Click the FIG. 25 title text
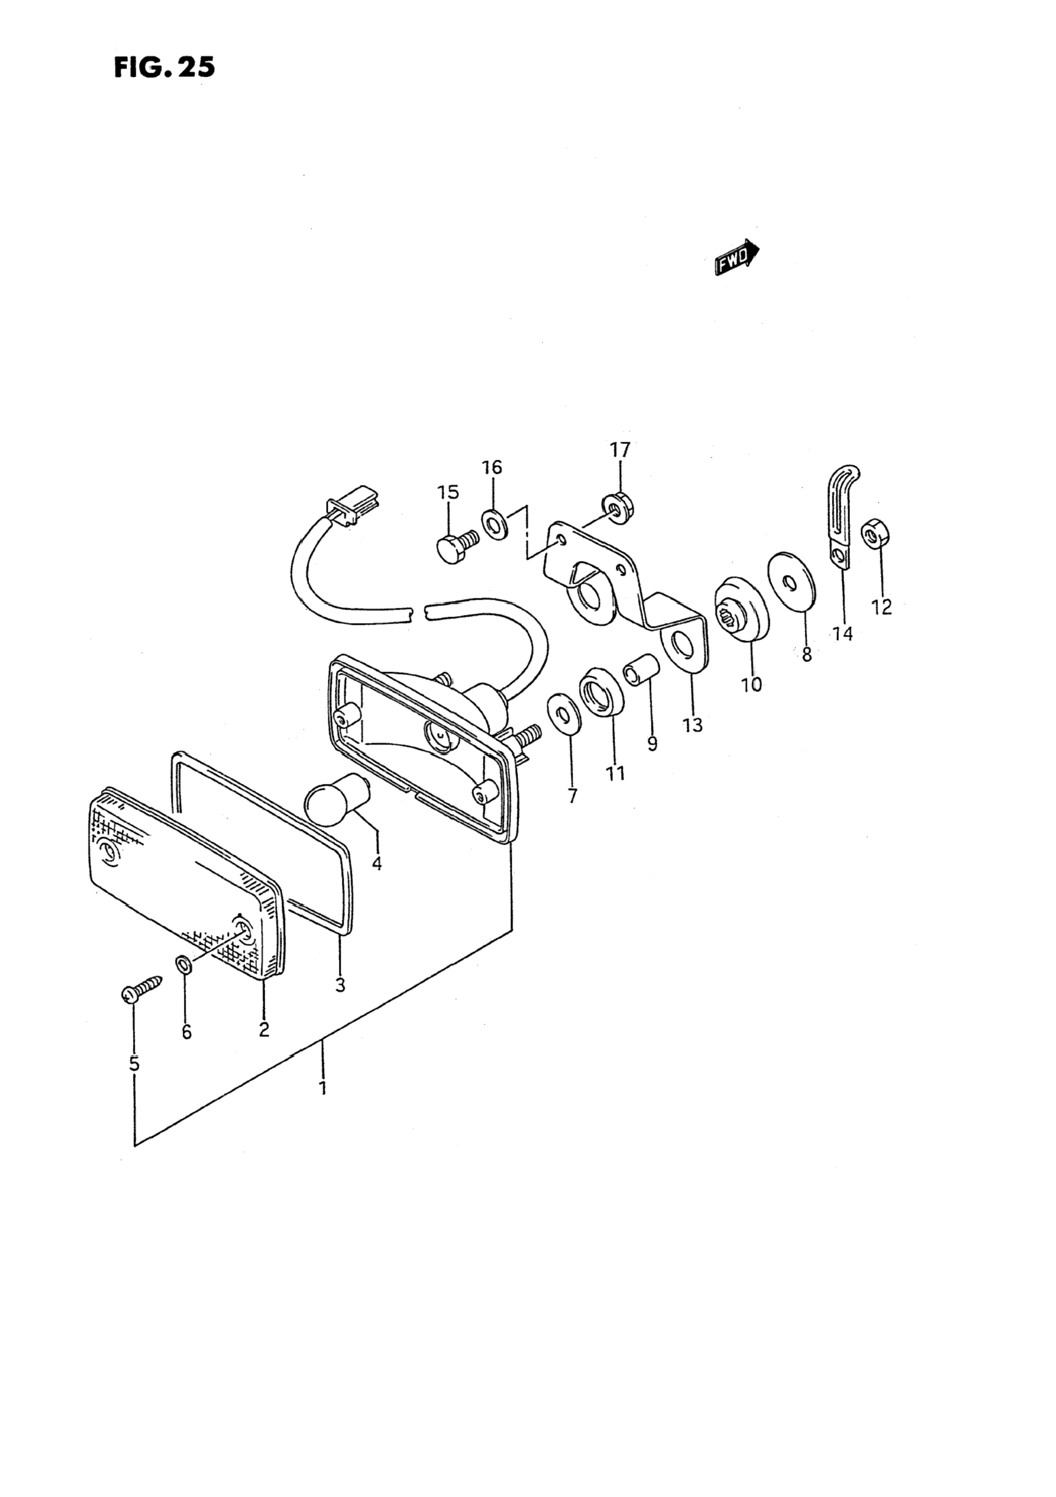(164, 67)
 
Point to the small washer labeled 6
(184, 963)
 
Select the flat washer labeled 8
(790, 579)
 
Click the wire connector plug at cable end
(352, 507)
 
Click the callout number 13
(692, 724)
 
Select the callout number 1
(322, 1088)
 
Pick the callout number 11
(615, 773)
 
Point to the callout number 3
(340, 985)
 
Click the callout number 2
(263, 1030)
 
